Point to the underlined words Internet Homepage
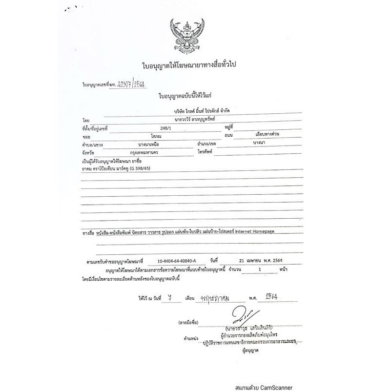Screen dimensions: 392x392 coord(254,232)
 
